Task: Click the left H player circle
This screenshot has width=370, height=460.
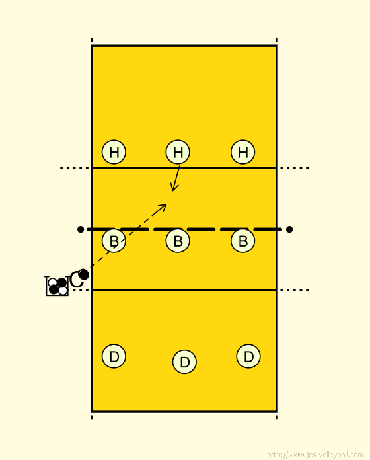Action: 114,152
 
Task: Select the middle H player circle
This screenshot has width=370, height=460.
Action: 178,152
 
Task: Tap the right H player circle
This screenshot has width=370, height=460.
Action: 242,152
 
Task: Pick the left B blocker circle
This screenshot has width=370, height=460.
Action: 114,241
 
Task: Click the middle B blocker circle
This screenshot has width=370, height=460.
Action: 178,241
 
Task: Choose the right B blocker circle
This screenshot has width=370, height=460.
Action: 242,241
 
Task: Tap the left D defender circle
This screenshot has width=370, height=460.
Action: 114,356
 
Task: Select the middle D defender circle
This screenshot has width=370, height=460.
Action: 184,362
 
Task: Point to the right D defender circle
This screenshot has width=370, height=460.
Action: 248,356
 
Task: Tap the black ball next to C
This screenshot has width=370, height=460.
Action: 83,274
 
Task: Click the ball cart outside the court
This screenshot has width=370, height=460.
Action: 57,286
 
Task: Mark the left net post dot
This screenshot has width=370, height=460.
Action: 81,229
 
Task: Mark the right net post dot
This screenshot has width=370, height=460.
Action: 289,229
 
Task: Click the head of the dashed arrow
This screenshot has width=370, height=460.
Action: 166,204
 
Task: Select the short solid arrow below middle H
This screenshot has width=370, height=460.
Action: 176,178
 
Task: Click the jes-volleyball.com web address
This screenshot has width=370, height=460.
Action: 315,455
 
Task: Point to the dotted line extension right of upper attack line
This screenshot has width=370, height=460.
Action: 295,168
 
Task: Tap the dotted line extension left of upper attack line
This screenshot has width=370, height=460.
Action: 75,168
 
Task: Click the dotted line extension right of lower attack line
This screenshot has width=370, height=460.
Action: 295,290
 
